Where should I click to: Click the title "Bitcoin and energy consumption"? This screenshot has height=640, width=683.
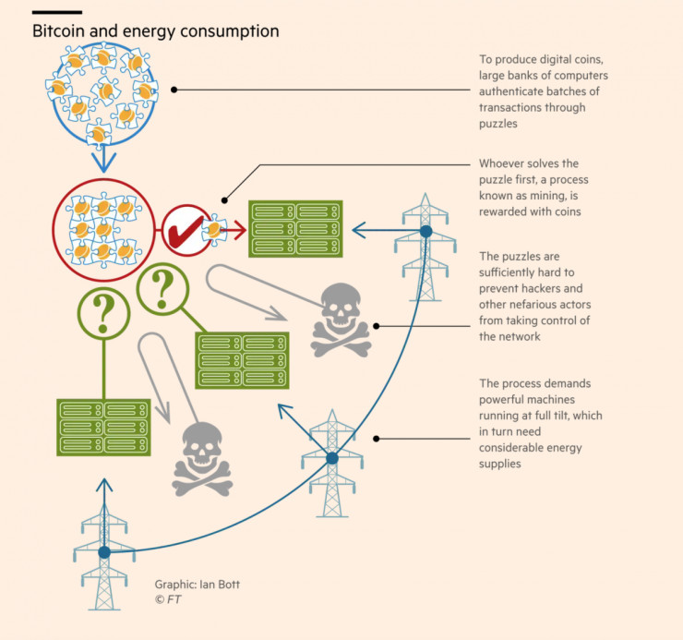tap(156, 31)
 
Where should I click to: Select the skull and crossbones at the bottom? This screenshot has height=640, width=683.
tap(202, 459)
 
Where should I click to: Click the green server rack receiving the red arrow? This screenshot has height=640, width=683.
tap(295, 229)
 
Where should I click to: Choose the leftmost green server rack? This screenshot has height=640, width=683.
tap(103, 426)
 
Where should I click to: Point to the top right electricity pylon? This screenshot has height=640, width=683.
tap(425, 236)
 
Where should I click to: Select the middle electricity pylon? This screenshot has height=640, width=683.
tap(331, 462)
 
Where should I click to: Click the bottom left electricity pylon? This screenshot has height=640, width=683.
tap(103, 558)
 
